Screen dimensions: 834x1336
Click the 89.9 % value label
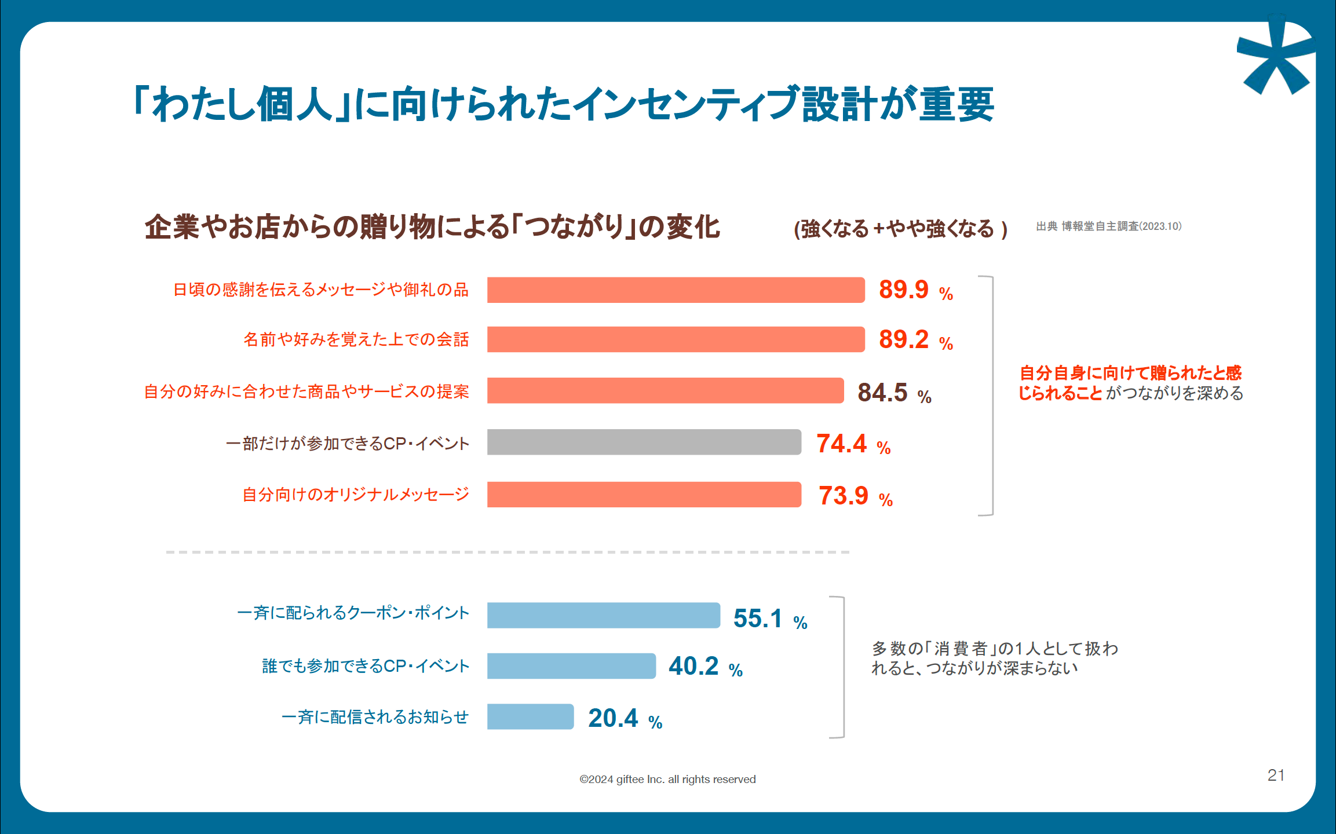pos(915,290)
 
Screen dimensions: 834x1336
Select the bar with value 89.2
pos(675,339)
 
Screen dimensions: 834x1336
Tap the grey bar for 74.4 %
pos(644,442)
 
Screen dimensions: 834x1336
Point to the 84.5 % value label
pos(894,393)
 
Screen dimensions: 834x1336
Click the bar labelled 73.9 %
pos(644,495)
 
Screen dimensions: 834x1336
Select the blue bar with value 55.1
pos(603,615)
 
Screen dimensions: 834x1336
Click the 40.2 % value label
pos(704,667)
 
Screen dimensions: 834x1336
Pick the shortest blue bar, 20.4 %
pos(530,717)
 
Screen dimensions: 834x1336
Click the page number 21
pos(1276,775)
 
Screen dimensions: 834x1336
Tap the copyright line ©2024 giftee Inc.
pos(667,780)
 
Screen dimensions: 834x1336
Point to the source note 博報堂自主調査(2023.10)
pos(1108,226)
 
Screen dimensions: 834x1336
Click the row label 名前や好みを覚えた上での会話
pos(356,339)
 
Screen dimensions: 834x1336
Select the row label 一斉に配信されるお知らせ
pos(375,717)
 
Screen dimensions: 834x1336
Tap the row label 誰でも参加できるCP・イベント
pos(365,666)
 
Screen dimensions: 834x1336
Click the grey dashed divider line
pos(508,553)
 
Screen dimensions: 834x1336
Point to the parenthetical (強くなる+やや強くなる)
pos(900,229)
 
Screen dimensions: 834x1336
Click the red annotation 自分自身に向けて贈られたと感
pos(1130,372)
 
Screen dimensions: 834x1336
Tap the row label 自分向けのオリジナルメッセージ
pos(355,495)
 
